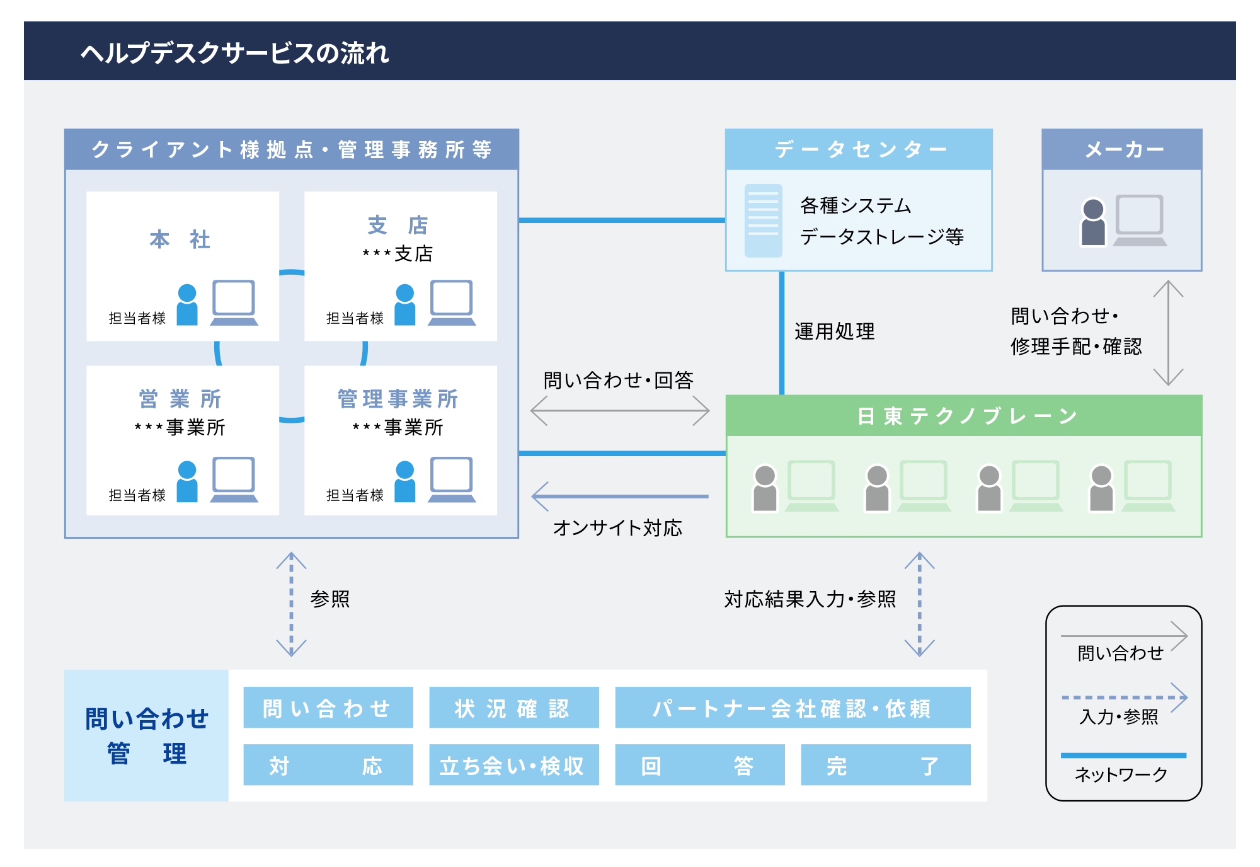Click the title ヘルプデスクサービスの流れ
[234, 53]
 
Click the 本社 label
[180, 239]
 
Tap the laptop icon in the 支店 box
[452, 302]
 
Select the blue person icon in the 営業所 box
[187, 481]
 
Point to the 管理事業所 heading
[398, 399]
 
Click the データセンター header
[859, 149]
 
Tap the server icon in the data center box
[764, 221]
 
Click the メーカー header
[1122, 149]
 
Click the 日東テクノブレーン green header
[964, 416]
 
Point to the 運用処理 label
[835, 331]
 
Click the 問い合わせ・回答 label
[618, 380]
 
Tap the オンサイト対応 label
[617, 527]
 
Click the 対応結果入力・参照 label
[810, 599]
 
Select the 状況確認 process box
[514, 708]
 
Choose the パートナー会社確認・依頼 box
[793, 708]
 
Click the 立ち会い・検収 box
[514, 765]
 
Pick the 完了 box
[886, 765]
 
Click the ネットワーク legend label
[1121, 774]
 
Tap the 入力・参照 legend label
[1119, 717]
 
